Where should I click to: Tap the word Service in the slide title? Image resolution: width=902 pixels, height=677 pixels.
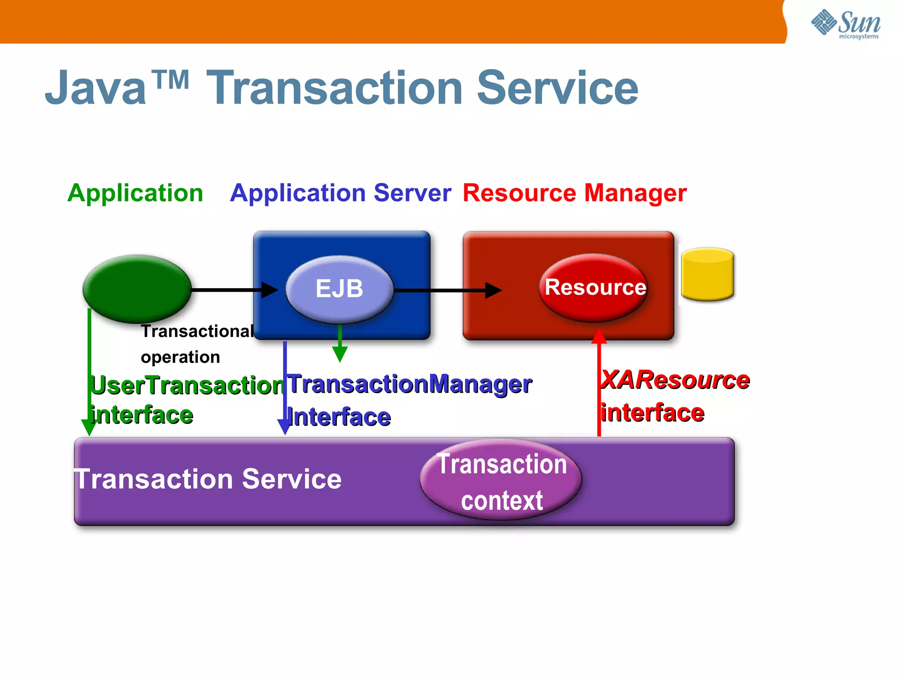point(557,88)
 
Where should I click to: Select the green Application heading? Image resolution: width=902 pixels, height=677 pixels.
point(135,193)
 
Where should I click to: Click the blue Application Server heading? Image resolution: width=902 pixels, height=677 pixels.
point(340,193)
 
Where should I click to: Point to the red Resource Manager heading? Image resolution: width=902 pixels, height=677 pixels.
point(574,193)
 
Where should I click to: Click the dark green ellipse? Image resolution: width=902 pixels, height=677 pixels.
point(137,289)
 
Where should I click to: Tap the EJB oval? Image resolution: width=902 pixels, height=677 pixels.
point(339,289)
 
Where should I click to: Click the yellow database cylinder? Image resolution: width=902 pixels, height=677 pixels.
point(707,275)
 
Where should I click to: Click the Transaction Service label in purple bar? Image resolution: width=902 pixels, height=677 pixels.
point(208,479)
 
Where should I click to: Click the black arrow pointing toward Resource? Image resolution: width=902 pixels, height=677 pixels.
point(449,290)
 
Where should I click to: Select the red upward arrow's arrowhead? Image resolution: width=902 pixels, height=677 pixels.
point(599,336)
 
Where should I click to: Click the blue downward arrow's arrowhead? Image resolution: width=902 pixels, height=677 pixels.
point(285,426)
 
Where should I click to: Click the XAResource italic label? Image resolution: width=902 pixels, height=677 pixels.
point(676,380)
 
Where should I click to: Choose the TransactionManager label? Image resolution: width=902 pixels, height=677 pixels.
point(410,384)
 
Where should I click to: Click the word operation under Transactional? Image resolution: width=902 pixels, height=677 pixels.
point(180,357)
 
